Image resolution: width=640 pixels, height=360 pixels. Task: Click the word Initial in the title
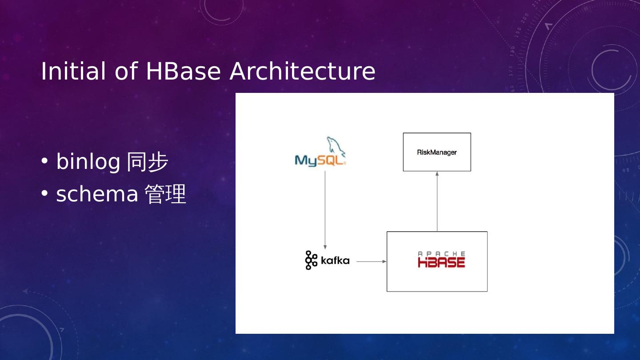pyautogui.click(x=73, y=71)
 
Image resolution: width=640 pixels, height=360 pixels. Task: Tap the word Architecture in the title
pyautogui.click(x=302, y=71)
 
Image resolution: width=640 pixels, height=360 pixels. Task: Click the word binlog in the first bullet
pyautogui.click(x=88, y=162)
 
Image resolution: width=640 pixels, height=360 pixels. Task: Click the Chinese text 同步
pyautogui.click(x=148, y=162)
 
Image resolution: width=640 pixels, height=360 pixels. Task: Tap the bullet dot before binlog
pyautogui.click(x=44, y=161)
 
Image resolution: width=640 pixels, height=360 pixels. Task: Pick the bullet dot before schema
pyautogui.click(x=44, y=194)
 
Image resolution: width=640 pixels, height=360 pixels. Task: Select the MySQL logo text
pyautogui.click(x=320, y=160)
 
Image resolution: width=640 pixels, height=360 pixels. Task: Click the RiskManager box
pyautogui.click(x=437, y=152)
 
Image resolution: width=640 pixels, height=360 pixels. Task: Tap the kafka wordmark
pyautogui.click(x=335, y=261)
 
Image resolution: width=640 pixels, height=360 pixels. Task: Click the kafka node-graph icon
pyautogui.click(x=311, y=260)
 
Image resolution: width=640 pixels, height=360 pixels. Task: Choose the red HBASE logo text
pyautogui.click(x=441, y=262)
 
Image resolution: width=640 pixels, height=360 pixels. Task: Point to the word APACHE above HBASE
pyautogui.click(x=441, y=253)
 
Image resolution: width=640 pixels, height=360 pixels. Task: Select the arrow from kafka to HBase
pyautogui.click(x=371, y=262)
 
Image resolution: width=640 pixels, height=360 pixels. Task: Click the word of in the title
pyautogui.click(x=126, y=71)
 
